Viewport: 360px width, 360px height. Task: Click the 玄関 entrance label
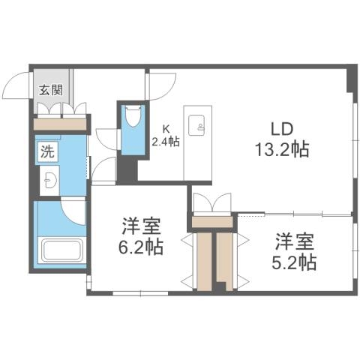click(x=52, y=91)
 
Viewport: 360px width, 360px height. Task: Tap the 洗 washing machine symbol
click(x=47, y=149)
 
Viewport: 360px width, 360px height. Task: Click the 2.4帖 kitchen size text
click(x=165, y=141)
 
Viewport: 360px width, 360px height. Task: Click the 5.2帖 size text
click(x=294, y=262)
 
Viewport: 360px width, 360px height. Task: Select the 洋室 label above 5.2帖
click(x=294, y=241)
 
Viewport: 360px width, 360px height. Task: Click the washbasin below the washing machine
click(x=49, y=180)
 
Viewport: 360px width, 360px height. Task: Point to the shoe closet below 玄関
click(x=61, y=121)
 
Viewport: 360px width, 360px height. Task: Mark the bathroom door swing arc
click(x=75, y=210)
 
